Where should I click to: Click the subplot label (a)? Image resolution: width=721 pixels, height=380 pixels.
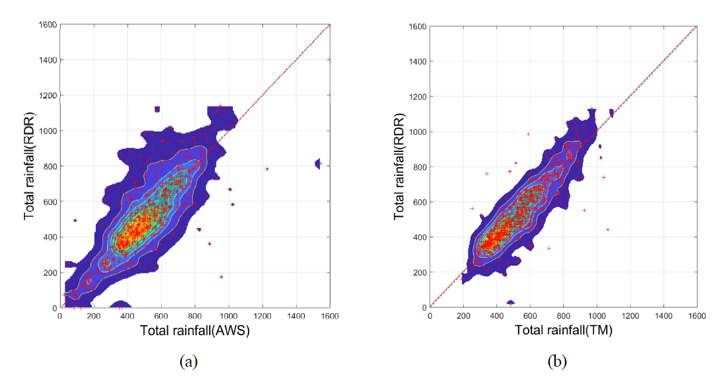tap(188, 361)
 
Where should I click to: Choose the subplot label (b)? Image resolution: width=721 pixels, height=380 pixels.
tap(558, 361)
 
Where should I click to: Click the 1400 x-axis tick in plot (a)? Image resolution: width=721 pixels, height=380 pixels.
tap(296, 316)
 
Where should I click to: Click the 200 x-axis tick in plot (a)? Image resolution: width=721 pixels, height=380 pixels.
tap(94, 316)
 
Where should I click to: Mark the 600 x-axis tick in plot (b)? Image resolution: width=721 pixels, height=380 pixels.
tap(530, 316)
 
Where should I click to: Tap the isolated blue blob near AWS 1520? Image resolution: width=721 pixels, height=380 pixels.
tap(318, 163)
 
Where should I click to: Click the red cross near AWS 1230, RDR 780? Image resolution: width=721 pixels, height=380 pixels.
tap(267, 169)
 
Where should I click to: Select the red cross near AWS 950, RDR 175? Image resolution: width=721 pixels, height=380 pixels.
tap(221, 276)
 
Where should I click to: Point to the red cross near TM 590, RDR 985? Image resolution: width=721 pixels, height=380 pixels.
tap(528, 134)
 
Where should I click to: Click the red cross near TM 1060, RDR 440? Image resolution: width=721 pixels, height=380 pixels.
tap(607, 229)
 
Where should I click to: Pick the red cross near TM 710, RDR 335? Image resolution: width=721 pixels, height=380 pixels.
tap(549, 248)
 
